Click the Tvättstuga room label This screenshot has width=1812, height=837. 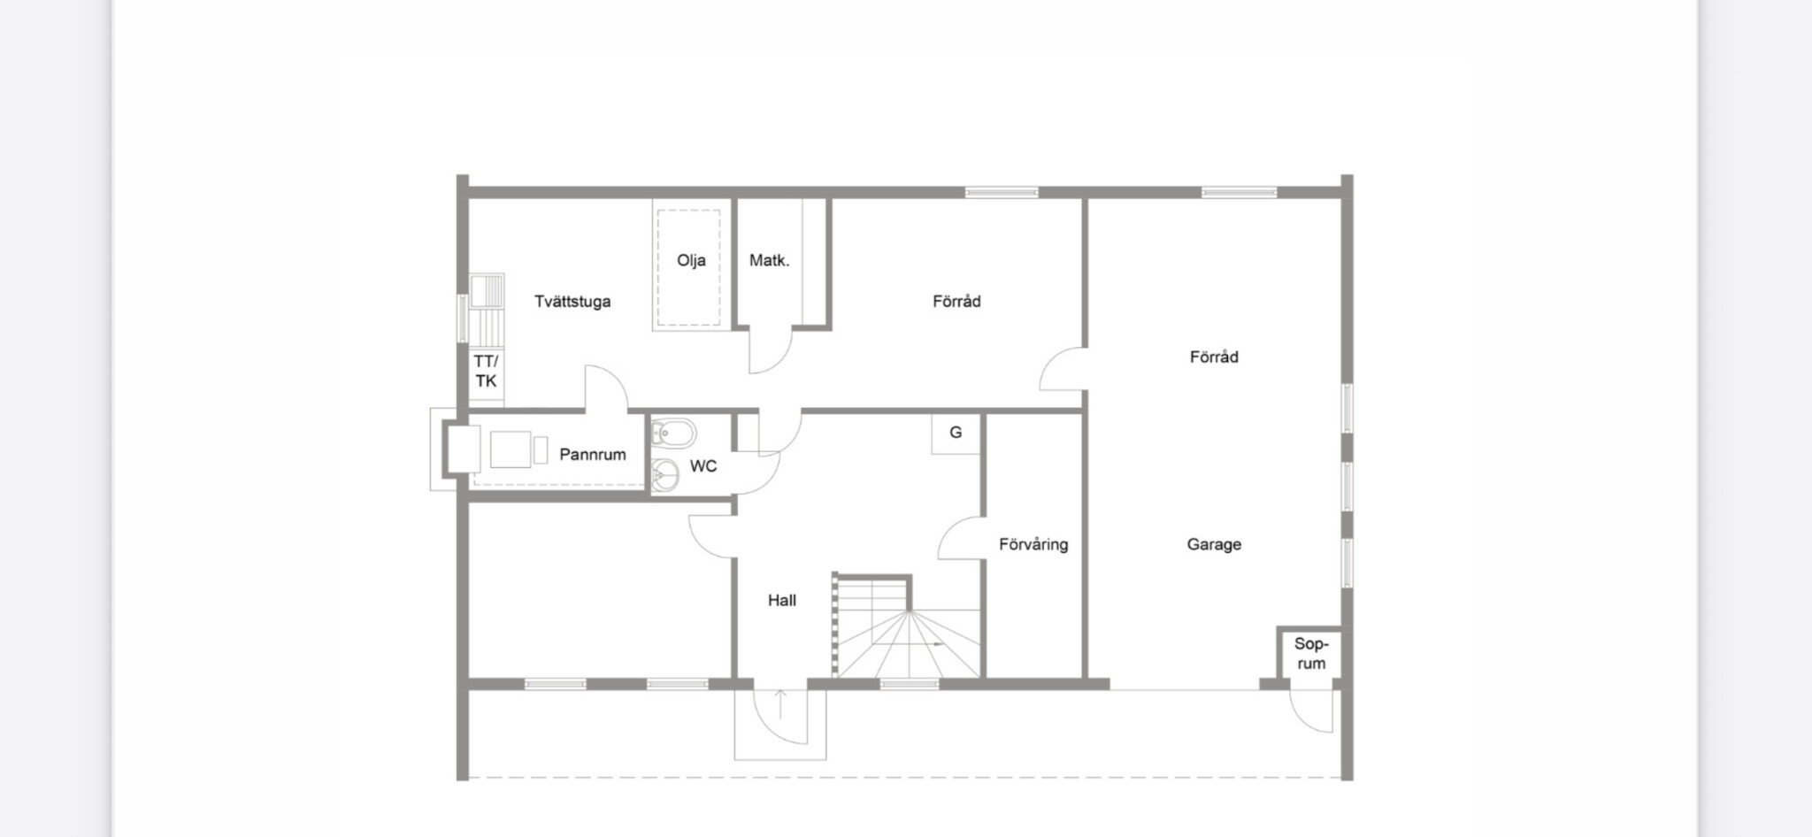[x=572, y=302]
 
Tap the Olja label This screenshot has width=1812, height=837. [x=691, y=261]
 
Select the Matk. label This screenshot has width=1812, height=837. [x=769, y=261]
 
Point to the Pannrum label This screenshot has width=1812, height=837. [x=592, y=455]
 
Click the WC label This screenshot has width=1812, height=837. [x=703, y=466]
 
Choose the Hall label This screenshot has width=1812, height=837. [x=782, y=601]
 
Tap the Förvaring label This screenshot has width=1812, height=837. [x=1033, y=545]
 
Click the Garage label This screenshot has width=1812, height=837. [x=1214, y=545]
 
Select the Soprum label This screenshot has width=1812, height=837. [x=1311, y=654]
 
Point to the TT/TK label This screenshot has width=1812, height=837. [x=486, y=372]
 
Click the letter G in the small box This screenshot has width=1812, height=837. [x=956, y=433]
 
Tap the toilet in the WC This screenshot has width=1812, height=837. [x=672, y=434]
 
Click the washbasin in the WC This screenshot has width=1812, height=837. [x=664, y=476]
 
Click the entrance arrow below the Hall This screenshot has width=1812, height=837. [x=780, y=706]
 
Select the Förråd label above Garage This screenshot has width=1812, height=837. [x=1214, y=357]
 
